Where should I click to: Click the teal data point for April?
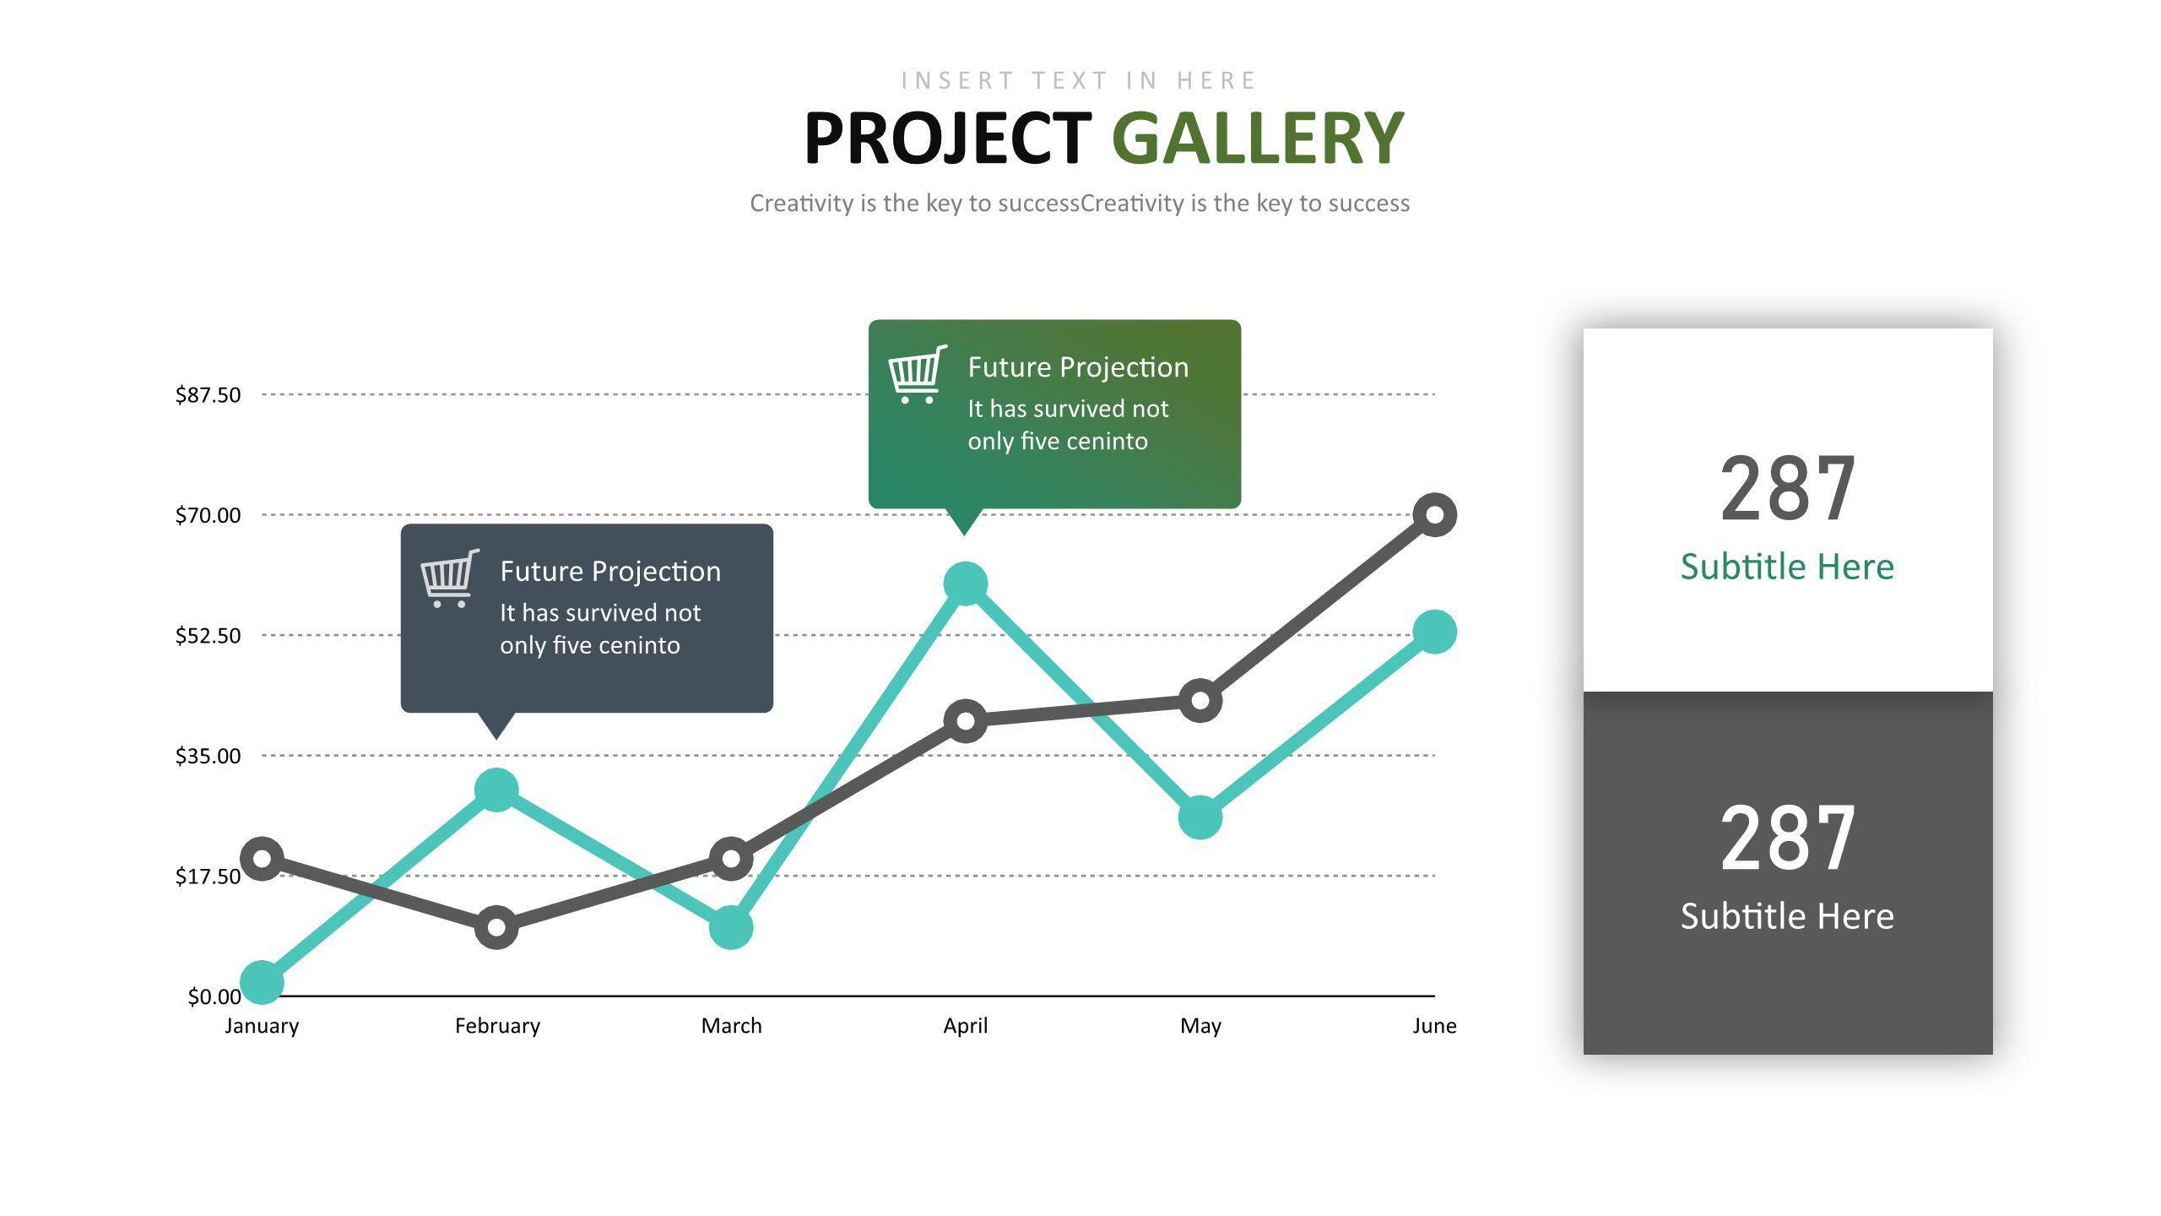[965, 584]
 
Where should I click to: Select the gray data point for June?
[1434, 514]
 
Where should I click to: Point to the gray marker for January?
[262, 859]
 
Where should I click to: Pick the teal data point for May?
[1200, 817]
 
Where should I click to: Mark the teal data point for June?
[1434, 632]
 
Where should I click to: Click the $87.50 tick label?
[208, 395]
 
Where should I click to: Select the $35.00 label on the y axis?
[208, 756]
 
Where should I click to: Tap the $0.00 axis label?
[214, 997]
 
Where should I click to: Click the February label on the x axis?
[497, 1026]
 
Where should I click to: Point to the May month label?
[1200, 1027]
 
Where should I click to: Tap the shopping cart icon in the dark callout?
[450, 578]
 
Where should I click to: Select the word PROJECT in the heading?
[948, 139]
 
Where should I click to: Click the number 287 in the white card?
[1788, 488]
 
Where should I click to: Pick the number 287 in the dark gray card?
[1788, 838]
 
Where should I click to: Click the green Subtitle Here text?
[1787, 567]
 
